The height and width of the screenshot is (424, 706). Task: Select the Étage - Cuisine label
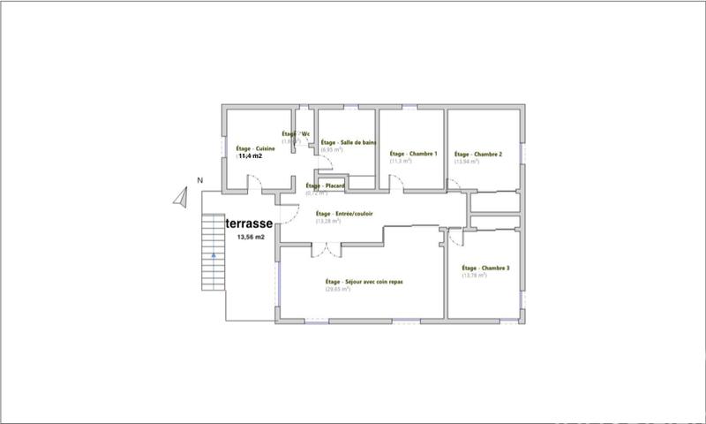tap(256, 148)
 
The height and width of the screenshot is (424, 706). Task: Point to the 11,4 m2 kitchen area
tap(251, 156)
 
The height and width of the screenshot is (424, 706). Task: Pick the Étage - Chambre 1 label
tap(414, 154)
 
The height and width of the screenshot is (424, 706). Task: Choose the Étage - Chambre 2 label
tap(477, 154)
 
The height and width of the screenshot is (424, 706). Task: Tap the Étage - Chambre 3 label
tap(485, 268)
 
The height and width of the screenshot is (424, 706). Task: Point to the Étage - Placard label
tap(324, 185)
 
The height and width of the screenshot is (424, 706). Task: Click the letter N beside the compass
tap(200, 181)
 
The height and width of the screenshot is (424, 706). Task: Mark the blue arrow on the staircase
tap(214, 254)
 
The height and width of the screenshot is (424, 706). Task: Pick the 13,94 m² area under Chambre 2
tap(466, 162)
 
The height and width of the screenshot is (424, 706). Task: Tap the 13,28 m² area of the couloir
tap(328, 221)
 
